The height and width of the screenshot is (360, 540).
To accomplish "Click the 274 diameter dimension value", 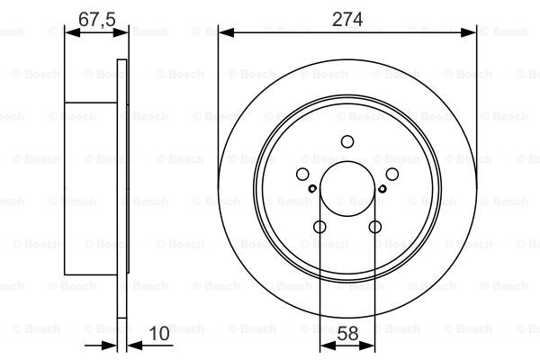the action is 347,19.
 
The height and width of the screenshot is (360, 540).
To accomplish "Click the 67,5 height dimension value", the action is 97,19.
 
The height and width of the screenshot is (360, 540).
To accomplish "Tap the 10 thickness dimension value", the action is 159,334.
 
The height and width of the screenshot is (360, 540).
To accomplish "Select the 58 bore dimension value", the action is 347,334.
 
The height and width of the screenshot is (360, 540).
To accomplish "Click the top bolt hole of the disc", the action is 347,141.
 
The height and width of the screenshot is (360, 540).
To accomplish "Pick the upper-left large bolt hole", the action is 302,174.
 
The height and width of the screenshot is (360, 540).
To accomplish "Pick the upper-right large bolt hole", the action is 392,174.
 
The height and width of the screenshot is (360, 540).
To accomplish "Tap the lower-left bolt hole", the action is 319,227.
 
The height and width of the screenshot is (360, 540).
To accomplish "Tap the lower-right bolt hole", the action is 375,227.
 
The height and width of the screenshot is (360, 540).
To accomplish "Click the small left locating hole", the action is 312,188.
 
